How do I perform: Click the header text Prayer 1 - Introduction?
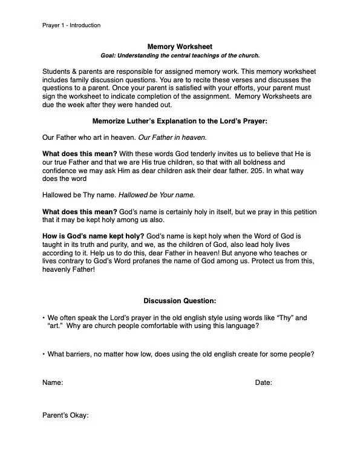click(x=71, y=25)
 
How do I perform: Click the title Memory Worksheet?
click(x=180, y=46)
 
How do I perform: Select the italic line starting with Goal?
click(x=180, y=56)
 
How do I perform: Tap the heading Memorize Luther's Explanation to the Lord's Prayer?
click(x=180, y=121)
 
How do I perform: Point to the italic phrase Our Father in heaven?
click(x=172, y=138)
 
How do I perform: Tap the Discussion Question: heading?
click(x=180, y=301)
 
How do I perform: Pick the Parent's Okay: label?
click(x=65, y=415)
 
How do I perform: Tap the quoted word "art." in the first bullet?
click(x=56, y=326)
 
